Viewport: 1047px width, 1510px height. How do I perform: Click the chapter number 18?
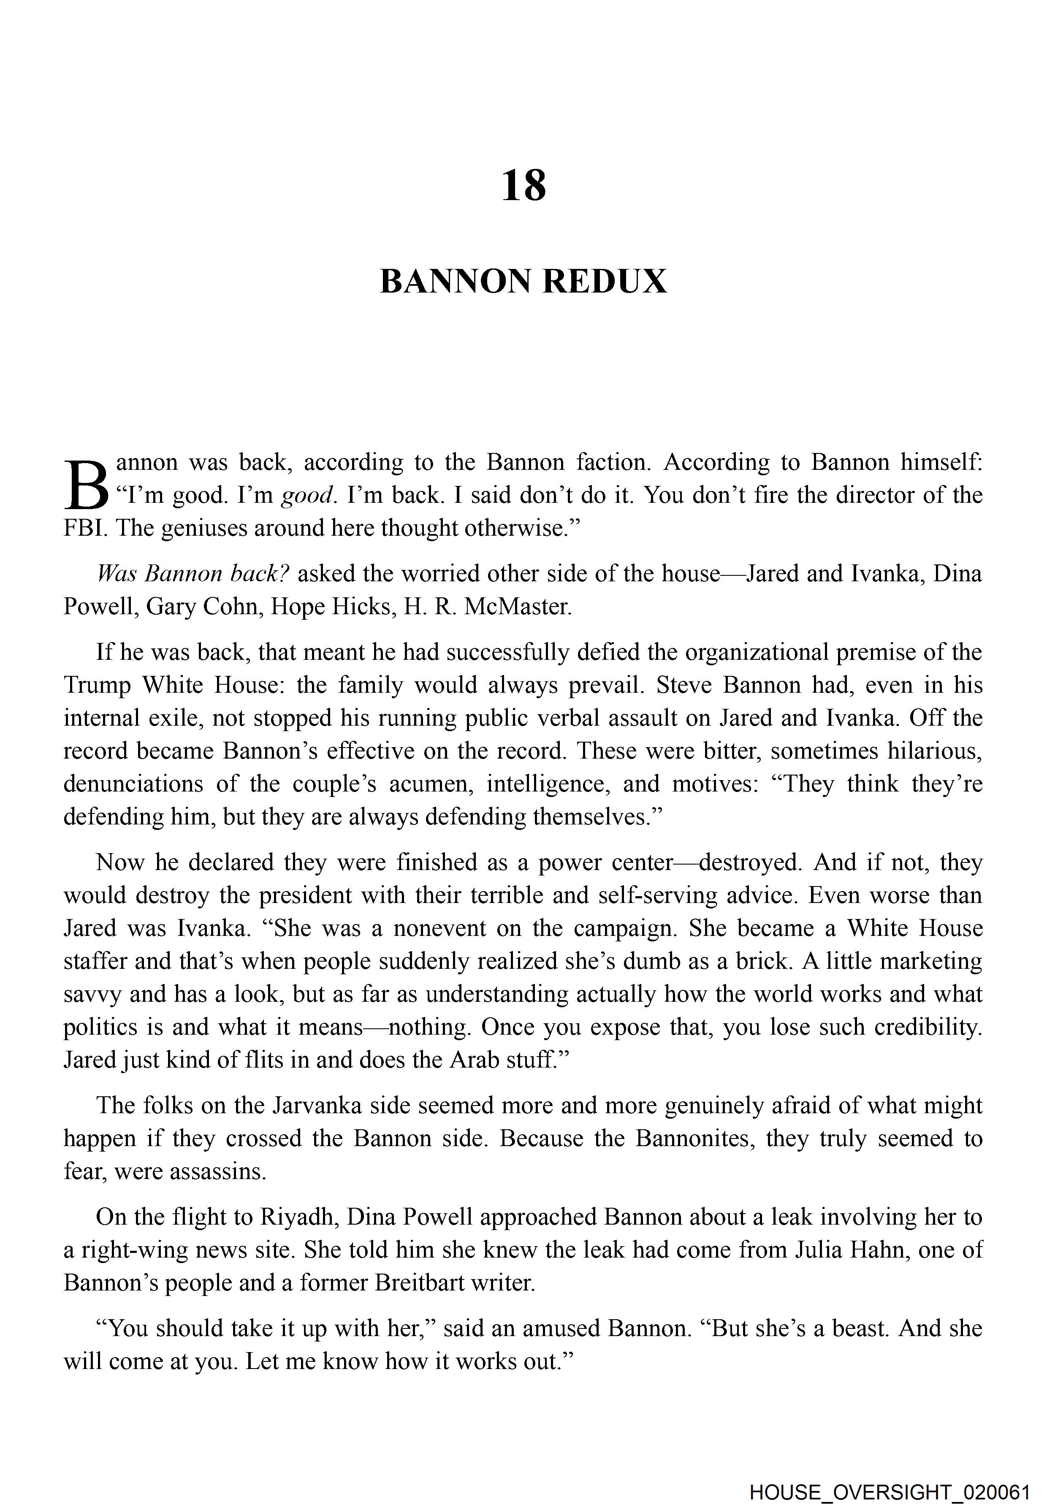coord(523,186)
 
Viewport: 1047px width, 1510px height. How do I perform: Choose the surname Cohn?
coord(228,607)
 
